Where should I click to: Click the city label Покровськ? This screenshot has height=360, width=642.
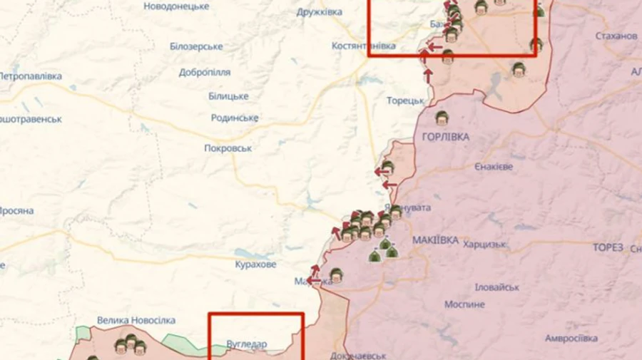point(228,148)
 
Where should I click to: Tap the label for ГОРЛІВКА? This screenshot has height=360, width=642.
point(446,136)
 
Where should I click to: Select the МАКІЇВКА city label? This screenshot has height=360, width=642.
point(435,240)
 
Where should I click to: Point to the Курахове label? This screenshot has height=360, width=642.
point(255,264)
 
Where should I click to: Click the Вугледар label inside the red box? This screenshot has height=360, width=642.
point(246,344)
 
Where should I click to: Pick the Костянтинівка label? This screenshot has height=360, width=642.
point(363,46)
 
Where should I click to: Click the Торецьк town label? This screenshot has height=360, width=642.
point(405,101)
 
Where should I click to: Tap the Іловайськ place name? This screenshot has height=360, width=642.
point(496,287)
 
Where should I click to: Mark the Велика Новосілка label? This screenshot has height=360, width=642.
point(136,321)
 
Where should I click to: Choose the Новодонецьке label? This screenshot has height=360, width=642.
point(176,6)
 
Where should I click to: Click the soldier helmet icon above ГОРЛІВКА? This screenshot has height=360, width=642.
point(442,118)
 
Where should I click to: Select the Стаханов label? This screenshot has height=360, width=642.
point(616,36)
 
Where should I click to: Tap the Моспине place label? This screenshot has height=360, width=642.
point(464,304)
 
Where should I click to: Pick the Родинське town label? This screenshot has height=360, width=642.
point(234,118)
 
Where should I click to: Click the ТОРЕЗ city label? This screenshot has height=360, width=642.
point(608,248)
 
